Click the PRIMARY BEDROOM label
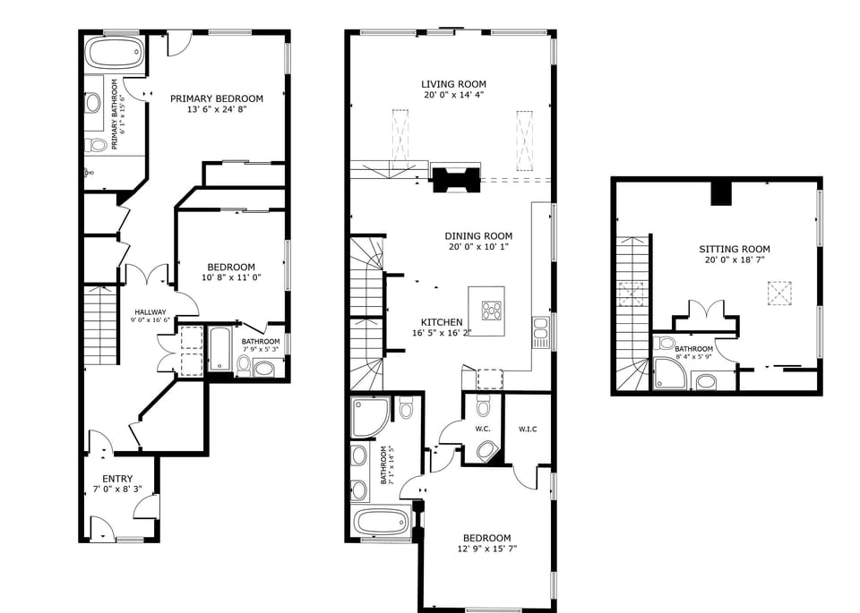(217, 98)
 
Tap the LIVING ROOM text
(453, 84)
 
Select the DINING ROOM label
(478, 236)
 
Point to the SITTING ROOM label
(735, 250)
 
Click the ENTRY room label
(117, 479)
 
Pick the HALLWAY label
(150, 311)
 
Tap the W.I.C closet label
(528, 429)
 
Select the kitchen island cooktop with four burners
(492, 311)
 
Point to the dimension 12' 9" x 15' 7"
(487, 549)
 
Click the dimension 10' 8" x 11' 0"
(231, 277)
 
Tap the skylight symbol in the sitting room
(779, 294)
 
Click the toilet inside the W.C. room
(484, 409)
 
